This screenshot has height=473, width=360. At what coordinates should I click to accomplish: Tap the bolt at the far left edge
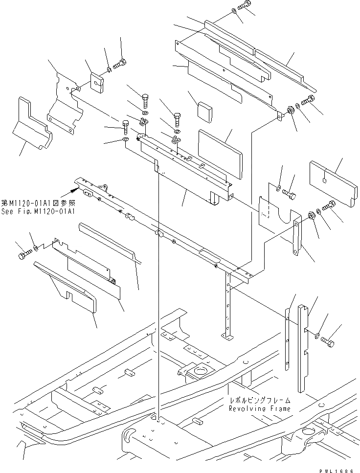tap(24, 255)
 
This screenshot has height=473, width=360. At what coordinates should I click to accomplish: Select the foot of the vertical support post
tap(228, 336)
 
